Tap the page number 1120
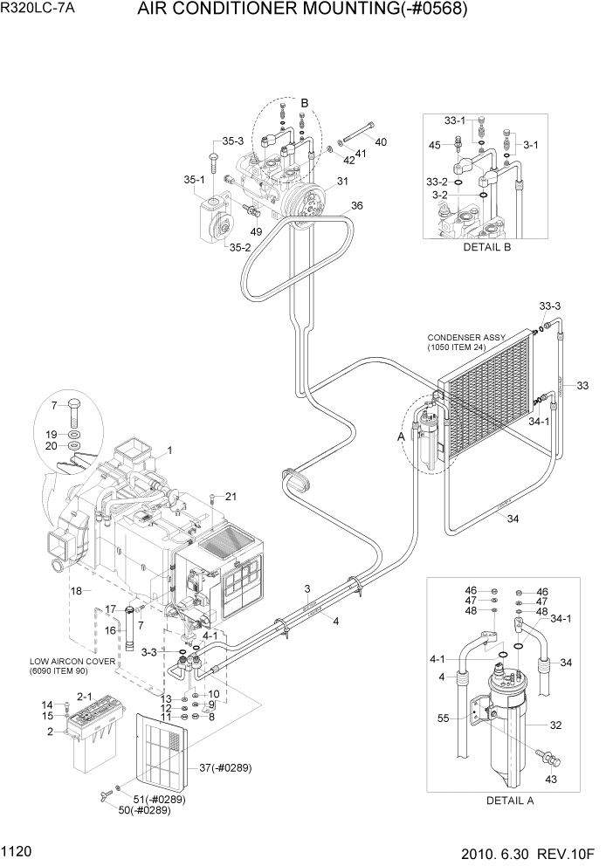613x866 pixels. click(21, 849)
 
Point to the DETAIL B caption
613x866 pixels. click(486, 247)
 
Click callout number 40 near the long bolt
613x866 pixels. click(381, 142)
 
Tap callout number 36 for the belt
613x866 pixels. click(356, 206)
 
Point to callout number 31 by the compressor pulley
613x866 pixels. click(342, 182)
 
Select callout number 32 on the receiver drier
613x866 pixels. click(555, 725)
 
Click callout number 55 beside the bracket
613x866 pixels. click(444, 719)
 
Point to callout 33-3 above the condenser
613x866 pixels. click(550, 306)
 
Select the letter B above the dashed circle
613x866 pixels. click(305, 103)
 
